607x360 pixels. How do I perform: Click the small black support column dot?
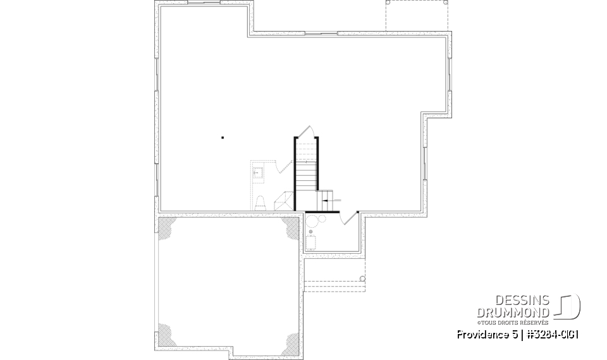click(223, 137)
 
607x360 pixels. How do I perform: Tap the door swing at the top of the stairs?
click(306, 132)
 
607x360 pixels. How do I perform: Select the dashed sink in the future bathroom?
click(257, 171)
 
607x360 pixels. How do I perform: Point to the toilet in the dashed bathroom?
click(260, 202)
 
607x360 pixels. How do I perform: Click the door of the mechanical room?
click(346, 218)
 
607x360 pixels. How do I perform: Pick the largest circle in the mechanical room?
click(312, 221)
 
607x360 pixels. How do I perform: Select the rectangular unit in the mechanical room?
click(312, 243)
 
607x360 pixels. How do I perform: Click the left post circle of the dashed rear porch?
click(387, 2)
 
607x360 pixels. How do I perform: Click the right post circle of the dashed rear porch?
click(446, 2)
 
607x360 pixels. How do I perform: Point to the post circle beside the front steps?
click(363, 278)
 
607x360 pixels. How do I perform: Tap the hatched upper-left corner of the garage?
click(166, 226)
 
